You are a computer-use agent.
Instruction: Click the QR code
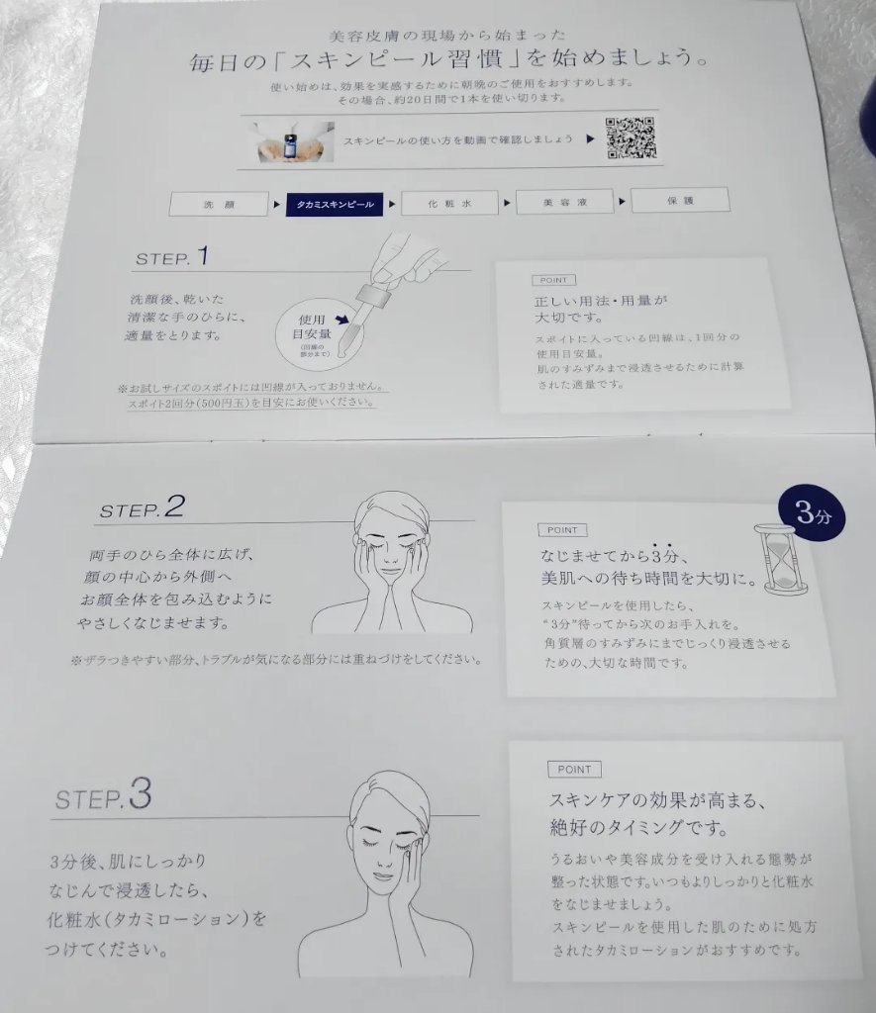click(x=631, y=138)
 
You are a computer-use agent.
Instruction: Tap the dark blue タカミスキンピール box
click(x=335, y=204)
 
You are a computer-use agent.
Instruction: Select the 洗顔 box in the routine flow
click(x=219, y=204)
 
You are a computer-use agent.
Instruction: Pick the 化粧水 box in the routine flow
click(x=449, y=203)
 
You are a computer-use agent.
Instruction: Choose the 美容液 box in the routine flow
click(x=564, y=202)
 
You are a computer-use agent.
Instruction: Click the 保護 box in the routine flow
click(x=680, y=200)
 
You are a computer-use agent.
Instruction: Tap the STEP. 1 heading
click(x=172, y=257)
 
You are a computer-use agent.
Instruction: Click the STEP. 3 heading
click(x=104, y=794)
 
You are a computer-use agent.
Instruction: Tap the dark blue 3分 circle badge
click(x=812, y=513)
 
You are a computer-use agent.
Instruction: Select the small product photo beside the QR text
click(x=295, y=141)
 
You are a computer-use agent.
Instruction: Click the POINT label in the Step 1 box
click(x=553, y=280)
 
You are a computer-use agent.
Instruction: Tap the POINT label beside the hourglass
click(x=562, y=530)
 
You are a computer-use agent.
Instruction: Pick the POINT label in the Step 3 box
click(x=574, y=769)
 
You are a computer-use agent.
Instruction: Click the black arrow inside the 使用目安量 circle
click(x=341, y=320)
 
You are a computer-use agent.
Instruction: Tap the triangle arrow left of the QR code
click(x=590, y=138)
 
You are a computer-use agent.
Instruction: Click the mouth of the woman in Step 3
click(x=383, y=877)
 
